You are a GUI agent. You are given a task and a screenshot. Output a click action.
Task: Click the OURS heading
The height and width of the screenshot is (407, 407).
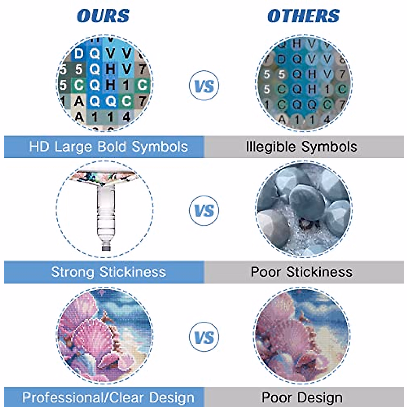click(103, 16)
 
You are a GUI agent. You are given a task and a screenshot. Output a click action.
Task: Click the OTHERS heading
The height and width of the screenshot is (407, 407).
click(303, 16)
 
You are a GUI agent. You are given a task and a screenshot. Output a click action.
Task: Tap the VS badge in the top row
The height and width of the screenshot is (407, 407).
click(204, 85)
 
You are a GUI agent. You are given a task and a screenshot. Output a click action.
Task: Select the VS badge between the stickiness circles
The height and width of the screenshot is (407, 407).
click(204, 211)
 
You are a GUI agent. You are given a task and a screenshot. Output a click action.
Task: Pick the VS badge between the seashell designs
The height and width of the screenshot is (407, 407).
click(204, 337)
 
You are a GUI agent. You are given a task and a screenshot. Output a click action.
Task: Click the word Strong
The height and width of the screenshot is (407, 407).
click(72, 272)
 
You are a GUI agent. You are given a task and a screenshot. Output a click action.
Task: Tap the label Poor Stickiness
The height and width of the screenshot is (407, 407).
click(302, 272)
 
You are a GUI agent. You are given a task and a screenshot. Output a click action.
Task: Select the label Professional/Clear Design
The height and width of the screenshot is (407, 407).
click(108, 398)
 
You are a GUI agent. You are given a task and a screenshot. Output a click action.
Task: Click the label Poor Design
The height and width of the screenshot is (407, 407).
click(302, 398)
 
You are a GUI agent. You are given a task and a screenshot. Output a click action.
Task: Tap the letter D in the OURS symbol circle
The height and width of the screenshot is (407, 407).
click(79, 54)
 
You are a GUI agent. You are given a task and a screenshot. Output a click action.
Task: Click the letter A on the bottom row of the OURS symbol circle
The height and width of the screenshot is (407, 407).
click(79, 117)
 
